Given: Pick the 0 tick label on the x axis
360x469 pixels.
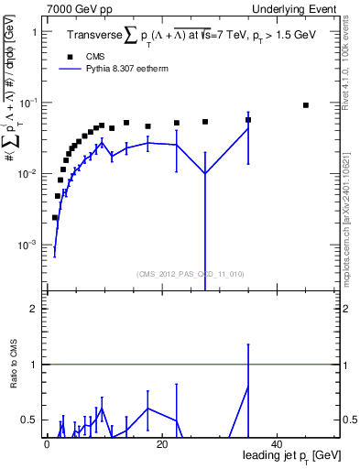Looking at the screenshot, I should (x=47, y=444).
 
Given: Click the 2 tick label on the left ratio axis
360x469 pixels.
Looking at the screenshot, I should (x=34, y=309).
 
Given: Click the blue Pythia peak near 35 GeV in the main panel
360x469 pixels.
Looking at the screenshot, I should (x=248, y=127).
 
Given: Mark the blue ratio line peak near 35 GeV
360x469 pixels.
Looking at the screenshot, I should (x=248, y=387).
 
